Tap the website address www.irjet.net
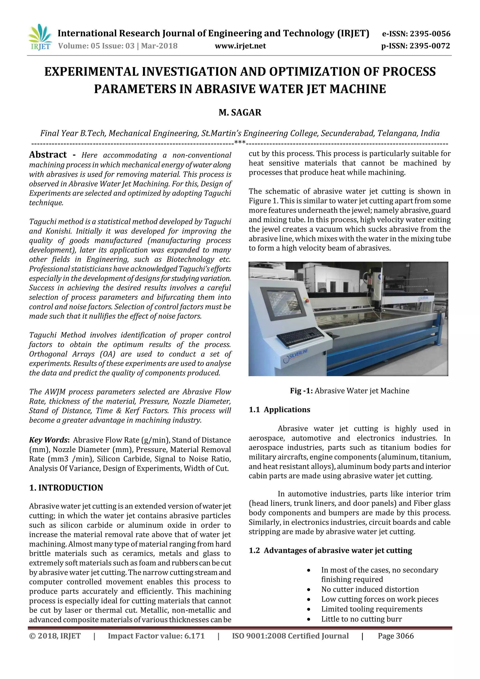click(240, 46)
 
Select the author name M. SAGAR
click(240, 113)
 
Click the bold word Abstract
click(48, 155)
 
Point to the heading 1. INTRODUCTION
click(66, 488)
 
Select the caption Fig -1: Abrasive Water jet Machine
click(349, 391)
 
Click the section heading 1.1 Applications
click(279, 410)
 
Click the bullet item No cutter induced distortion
click(370, 589)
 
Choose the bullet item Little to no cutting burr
click(361, 619)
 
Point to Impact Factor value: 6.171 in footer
click(156, 636)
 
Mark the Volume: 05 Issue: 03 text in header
click(96, 46)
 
